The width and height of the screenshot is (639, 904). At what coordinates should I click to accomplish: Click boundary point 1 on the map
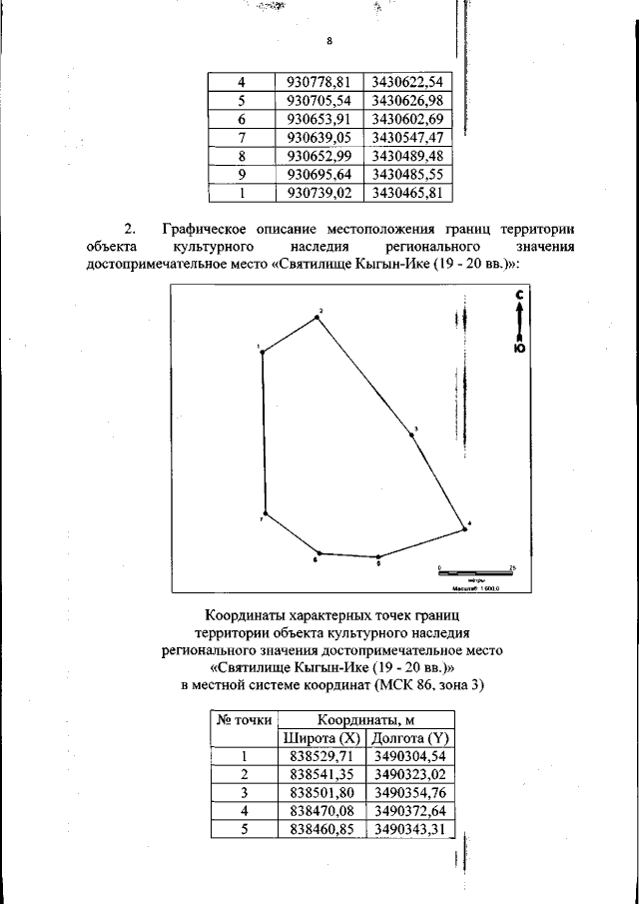(x=263, y=353)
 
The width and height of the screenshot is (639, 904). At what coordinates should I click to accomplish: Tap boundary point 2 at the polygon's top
(x=319, y=317)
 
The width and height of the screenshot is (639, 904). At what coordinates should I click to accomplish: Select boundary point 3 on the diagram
(x=410, y=434)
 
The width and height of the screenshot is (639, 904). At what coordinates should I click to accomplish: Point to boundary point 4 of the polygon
(x=464, y=528)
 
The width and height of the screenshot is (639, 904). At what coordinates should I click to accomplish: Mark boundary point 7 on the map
(x=265, y=513)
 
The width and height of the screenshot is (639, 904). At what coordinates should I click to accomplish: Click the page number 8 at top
(x=328, y=41)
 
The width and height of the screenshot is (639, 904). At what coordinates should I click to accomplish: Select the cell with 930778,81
(x=316, y=82)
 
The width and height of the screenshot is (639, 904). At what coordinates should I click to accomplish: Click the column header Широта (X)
(x=321, y=738)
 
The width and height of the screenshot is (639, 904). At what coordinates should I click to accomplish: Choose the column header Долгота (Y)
(x=409, y=738)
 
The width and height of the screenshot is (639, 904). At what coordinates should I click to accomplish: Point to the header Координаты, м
(x=365, y=719)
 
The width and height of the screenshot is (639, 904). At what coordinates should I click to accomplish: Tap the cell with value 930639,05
(x=316, y=137)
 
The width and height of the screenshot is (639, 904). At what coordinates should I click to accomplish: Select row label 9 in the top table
(x=242, y=174)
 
